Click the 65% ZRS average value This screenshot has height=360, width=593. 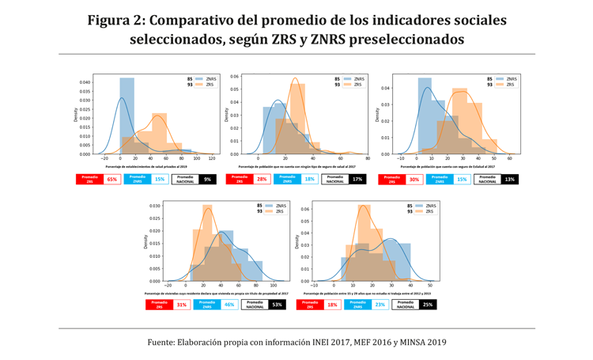(x=111, y=180)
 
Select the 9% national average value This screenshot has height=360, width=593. (x=207, y=180)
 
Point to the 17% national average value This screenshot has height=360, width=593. (x=357, y=180)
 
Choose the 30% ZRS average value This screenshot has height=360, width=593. (x=414, y=180)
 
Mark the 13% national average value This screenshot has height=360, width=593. (x=509, y=180)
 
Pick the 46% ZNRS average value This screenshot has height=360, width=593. (x=229, y=304)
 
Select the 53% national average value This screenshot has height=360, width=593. (x=277, y=304)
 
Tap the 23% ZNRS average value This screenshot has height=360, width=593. (x=380, y=304)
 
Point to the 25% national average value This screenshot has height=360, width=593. (x=428, y=304)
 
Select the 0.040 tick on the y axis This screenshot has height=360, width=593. (x=85, y=82)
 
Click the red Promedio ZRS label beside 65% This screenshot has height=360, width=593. (x=89, y=180)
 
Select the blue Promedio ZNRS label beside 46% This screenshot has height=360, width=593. (x=207, y=304)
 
